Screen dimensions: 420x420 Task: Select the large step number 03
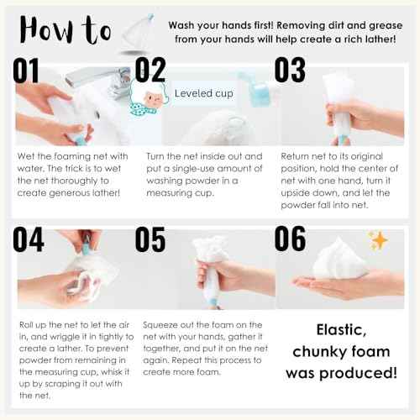(290, 70)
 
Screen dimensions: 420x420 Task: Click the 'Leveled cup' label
(204, 94)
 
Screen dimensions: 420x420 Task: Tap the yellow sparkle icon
(379, 241)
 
